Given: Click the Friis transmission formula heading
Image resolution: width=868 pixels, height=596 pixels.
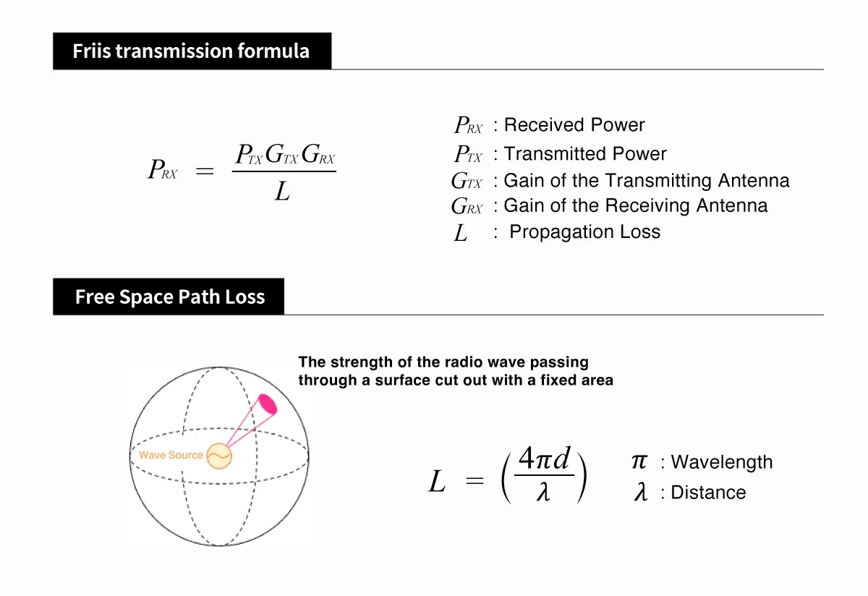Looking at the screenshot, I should (x=191, y=51).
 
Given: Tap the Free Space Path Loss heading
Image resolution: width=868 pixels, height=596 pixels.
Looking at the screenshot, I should (x=169, y=297).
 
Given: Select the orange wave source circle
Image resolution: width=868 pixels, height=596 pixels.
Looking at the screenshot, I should (x=218, y=456).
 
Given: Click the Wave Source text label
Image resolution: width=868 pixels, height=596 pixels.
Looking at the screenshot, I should (x=171, y=456).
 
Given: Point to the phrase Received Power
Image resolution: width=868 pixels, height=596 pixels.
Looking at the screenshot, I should (x=574, y=125).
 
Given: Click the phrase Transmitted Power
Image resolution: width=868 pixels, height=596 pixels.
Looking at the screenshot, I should (x=584, y=154).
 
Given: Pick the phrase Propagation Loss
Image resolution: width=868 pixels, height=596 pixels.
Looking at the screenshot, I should (x=584, y=232).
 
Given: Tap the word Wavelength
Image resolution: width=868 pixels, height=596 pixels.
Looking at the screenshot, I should (x=721, y=463).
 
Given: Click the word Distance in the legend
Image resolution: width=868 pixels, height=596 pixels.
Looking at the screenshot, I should (x=707, y=493).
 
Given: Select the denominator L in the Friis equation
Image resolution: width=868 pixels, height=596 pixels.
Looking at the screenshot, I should (x=283, y=192).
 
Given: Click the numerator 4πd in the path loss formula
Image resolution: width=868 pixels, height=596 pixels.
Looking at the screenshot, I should (x=545, y=459).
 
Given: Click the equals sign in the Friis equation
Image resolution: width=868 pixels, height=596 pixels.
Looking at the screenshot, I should (x=205, y=172).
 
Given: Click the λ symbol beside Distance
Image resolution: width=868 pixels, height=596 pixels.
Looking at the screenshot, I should (x=640, y=493).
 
